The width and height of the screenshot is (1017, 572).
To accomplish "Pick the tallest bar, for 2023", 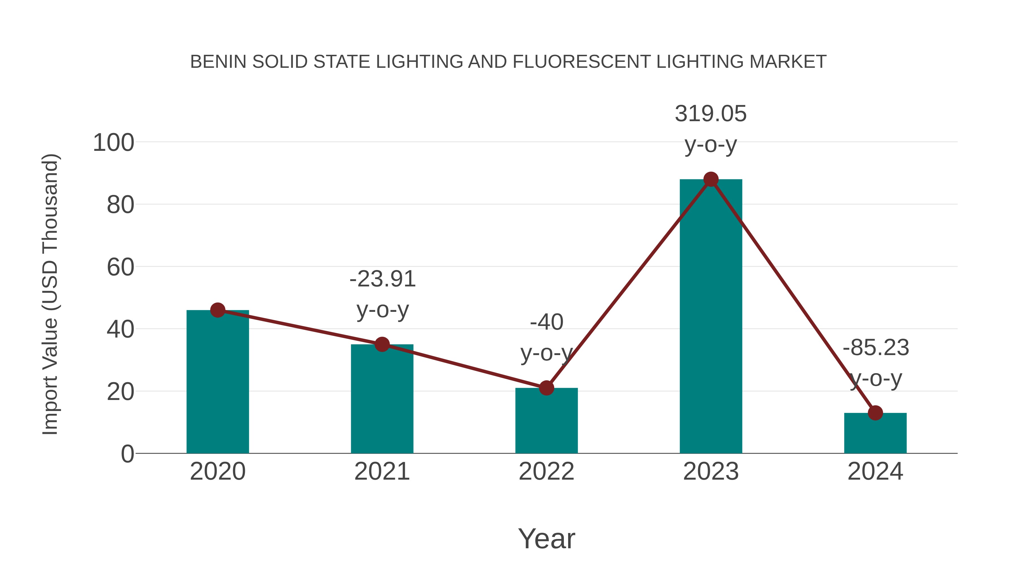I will pyautogui.click(x=711, y=316).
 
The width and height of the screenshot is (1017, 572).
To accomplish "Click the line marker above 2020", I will pyautogui.click(x=218, y=310).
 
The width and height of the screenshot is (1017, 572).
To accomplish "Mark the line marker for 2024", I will pyautogui.click(x=875, y=413).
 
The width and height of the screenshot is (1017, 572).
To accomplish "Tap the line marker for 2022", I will pyautogui.click(x=546, y=388).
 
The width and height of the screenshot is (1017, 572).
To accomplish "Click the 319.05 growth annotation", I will pyautogui.click(x=711, y=114).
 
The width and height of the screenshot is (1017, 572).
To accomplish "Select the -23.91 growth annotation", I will pyautogui.click(x=383, y=279).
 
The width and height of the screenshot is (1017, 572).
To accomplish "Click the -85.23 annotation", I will pyautogui.click(x=876, y=348).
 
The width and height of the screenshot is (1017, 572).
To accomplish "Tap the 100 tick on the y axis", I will pyautogui.click(x=113, y=143).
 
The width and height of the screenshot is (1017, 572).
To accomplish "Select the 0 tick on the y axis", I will pyautogui.click(x=127, y=454).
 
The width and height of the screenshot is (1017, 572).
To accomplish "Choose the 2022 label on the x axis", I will pyautogui.click(x=546, y=471).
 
